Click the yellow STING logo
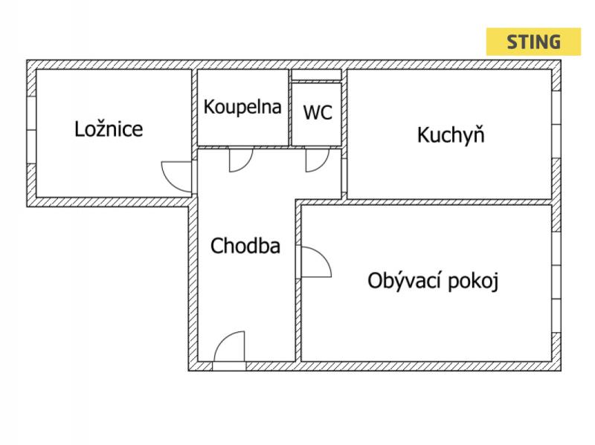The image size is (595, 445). pos(533,42)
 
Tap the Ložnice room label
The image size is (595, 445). pos(109,129)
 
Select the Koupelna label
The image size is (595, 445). pos(242,107)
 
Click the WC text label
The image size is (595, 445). pos(318,113)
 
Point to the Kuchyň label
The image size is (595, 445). pos(451,135)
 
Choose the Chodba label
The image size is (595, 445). pos(245,246)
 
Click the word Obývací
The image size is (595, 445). pos(406,281)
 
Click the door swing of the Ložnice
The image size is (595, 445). pos(176,175)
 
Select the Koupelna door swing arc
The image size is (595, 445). pos(240,159)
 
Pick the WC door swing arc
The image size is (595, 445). pos(317,159)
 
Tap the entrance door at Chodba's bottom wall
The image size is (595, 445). pos(229,348)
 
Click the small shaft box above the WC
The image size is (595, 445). pos(316,74)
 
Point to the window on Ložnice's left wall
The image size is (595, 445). pos(31,129)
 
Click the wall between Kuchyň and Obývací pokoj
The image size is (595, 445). pos(450,201)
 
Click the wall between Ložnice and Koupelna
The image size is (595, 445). pos(194,111)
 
